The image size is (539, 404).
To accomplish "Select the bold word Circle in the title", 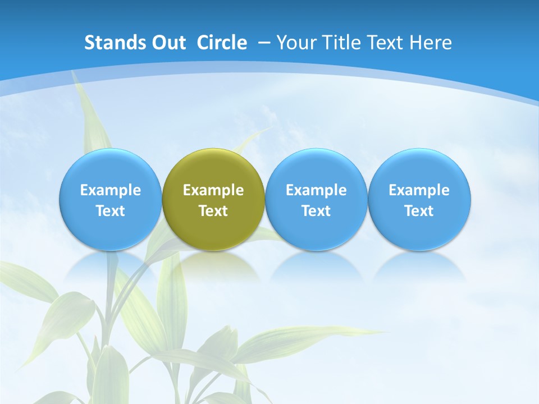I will coord(222,43).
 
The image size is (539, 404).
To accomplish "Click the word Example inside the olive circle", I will coord(213,190).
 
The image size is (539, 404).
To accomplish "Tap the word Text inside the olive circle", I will coord(213,211).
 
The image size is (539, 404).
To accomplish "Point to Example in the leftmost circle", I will coord(111,190).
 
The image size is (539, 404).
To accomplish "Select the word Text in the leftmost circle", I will coord(111,211).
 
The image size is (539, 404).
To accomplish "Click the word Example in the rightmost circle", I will coord(419,190).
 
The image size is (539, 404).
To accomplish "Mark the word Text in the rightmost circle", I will coord(419,211).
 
